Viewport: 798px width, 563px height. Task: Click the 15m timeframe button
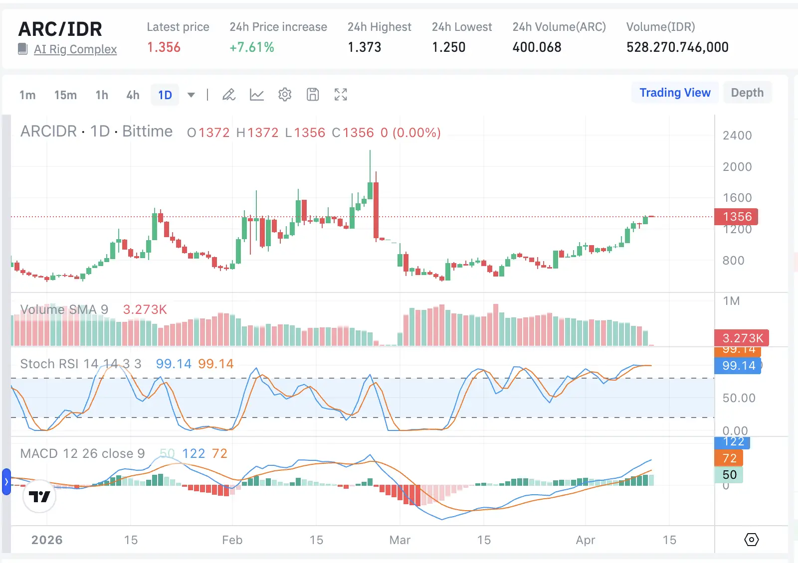[65, 95]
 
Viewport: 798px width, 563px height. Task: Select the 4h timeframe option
[133, 95]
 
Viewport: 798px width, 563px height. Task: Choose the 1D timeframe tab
[165, 95]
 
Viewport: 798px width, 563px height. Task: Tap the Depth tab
[747, 93]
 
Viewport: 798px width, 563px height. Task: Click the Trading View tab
[675, 93]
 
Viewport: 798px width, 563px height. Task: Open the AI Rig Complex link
[75, 49]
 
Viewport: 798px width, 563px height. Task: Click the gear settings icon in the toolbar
[285, 94]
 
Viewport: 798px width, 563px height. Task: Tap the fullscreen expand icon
[341, 94]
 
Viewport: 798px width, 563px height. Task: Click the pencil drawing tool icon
[229, 94]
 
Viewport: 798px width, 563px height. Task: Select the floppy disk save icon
[313, 94]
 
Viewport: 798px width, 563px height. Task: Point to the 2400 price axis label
[737, 136]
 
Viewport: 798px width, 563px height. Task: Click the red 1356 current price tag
[737, 217]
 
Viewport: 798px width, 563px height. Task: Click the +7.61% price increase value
[252, 47]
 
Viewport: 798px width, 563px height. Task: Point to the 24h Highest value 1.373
[364, 47]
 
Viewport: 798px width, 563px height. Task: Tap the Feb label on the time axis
[232, 540]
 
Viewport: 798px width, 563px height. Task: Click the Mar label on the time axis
[399, 540]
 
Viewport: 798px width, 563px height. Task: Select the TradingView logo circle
[39, 496]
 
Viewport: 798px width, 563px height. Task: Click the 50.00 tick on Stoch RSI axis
[739, 398]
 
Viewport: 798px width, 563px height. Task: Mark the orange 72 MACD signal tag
[729, 458]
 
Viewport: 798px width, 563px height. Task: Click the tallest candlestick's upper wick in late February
[370, 164]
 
